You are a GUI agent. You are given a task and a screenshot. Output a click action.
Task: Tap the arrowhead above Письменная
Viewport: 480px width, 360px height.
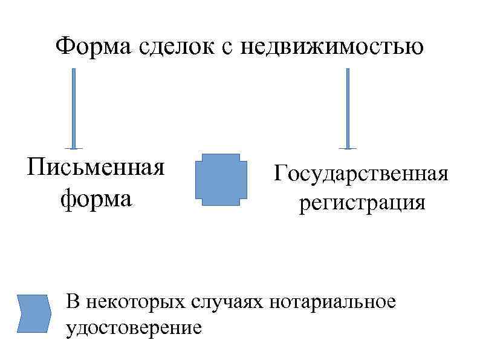pyautogui.click(x=74, y=146)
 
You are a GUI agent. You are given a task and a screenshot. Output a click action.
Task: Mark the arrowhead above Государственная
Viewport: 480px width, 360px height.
pyautogui.click(x=347, y=146)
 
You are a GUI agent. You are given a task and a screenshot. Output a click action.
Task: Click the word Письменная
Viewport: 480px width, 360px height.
pyautogui.click(x=96, y=166)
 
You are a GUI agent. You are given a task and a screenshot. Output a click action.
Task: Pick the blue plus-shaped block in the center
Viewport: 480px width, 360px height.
pyautogui.click(x=221, y=177)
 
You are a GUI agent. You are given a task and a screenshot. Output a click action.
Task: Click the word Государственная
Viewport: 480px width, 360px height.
pyautogui.click(x=361, y=174)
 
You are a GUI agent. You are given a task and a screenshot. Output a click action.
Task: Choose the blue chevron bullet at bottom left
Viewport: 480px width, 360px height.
pyautogui.click(x=33, y=313)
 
